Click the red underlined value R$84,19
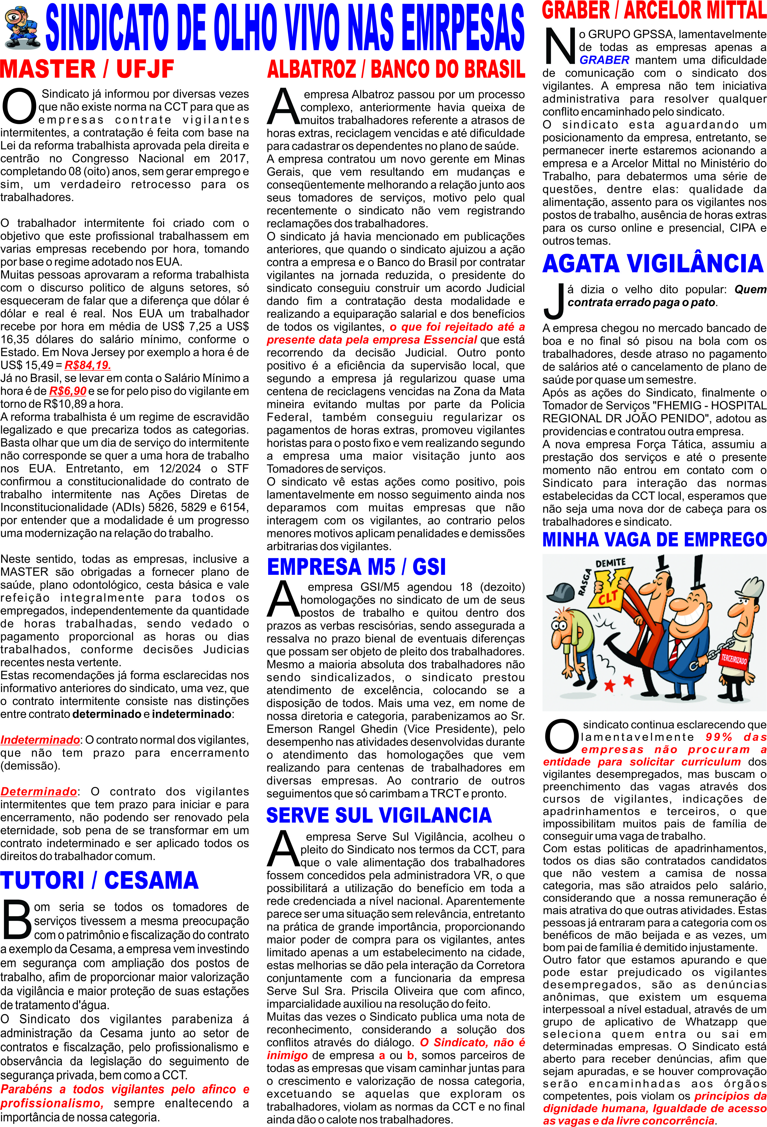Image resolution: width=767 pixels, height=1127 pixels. coord(88,365)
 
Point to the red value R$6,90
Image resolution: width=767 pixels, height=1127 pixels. coord(67,391)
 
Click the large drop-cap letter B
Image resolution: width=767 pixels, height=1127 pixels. coord(17,919)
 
